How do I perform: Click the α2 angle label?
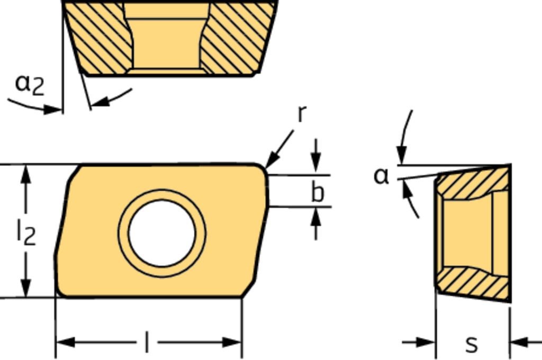(x=30, y=85)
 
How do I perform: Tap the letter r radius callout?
(x=302, y=113)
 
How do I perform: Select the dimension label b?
(x=318, y=192)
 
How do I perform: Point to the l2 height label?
(x=26, y=233)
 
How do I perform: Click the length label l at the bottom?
(x=147, y=342)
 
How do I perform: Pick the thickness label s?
(x=472, y=344)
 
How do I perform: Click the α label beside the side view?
(x=382, y=176)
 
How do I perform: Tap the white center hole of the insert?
(x=162, y=233)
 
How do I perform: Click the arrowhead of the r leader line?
(x=272, y=161)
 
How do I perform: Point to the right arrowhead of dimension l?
(x=232, y=343)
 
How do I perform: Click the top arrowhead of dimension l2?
(x=25, y=174)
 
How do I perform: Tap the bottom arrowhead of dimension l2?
(x=25, y=287)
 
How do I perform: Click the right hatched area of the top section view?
(x=239, y=38)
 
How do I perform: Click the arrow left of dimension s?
(x=419, y=343)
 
